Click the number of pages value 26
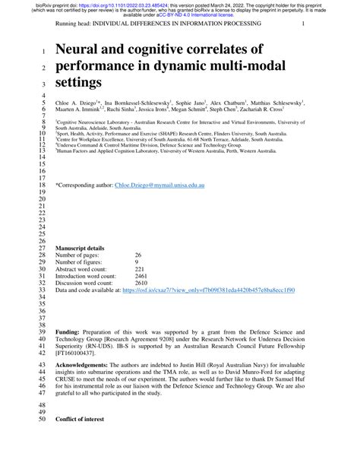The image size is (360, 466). point(138,255)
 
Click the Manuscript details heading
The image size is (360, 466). point(84,248)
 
